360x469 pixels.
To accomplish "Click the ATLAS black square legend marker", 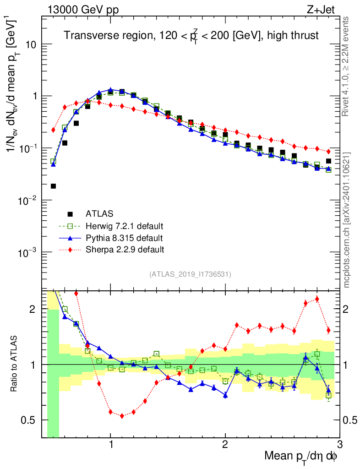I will (70, 213).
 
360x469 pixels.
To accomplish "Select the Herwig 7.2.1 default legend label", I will (125, 226).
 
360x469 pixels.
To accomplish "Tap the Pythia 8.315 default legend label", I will (124, 238).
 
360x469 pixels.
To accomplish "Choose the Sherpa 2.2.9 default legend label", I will (125, 250).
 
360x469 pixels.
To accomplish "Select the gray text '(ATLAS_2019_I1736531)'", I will (190, 275).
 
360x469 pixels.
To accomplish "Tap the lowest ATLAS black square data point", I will (53, 186).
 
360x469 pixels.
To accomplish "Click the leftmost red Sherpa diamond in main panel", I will (53, 130).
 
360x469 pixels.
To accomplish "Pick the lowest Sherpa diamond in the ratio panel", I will (122, 416).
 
